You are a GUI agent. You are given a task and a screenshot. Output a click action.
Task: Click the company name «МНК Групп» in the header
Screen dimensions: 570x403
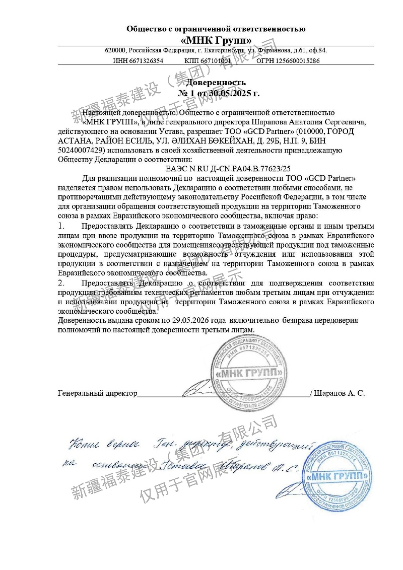pos(216,40)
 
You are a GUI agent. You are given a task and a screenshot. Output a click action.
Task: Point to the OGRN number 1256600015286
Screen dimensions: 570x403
pos(297,60)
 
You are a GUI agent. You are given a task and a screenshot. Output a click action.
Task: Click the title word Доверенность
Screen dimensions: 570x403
pos(216,82)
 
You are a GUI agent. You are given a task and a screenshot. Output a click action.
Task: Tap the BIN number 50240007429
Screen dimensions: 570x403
pos(81,150)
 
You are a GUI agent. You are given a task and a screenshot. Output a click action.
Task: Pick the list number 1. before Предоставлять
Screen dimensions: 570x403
pos(61,226)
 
